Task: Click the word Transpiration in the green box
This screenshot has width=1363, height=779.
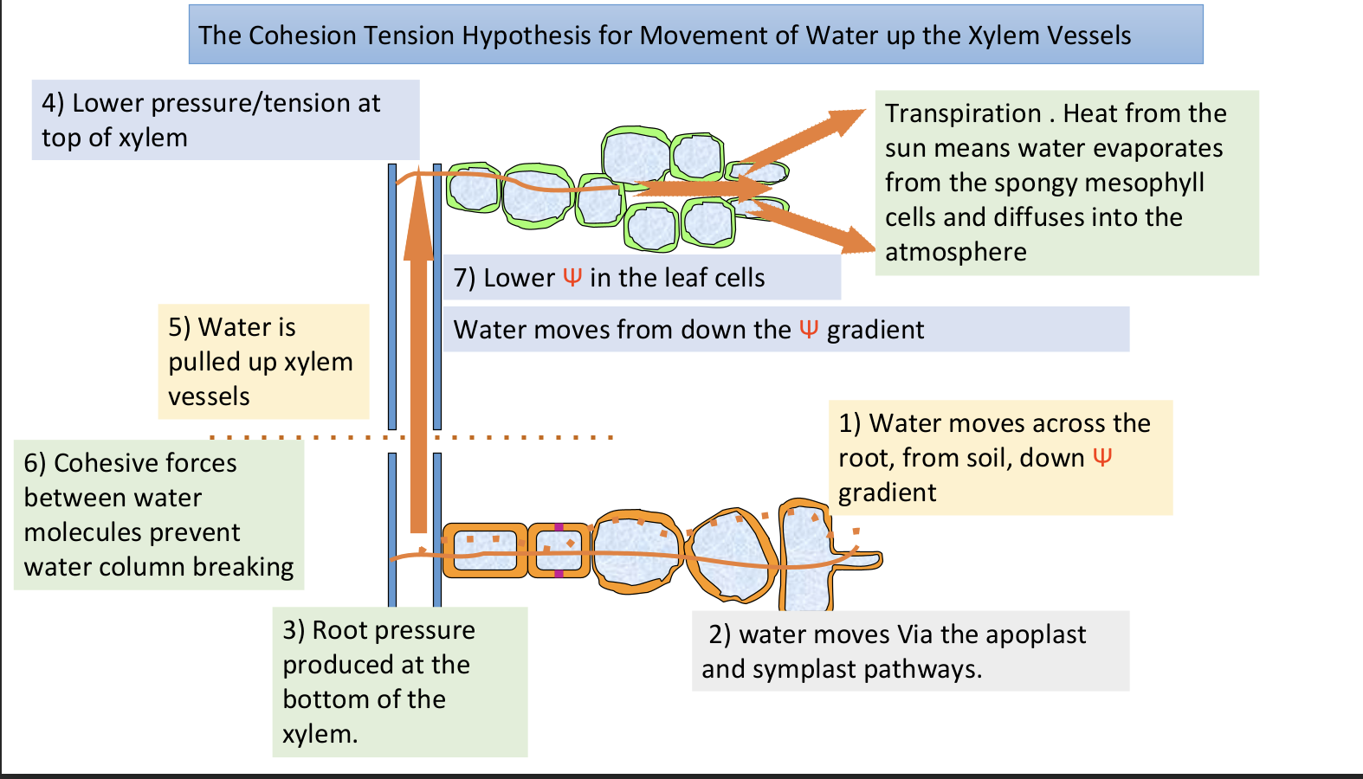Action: coord(963,113)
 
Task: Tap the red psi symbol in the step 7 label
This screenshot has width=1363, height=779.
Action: coord(572,277)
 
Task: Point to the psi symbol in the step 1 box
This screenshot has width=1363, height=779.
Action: coord(1101,457)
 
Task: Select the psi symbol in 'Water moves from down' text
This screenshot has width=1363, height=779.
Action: coord(809,329)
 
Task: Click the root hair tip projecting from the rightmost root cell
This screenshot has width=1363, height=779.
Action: coord(870,560)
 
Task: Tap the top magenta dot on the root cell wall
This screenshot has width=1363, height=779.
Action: coord(559,527)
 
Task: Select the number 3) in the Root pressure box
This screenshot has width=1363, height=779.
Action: coord(293,630)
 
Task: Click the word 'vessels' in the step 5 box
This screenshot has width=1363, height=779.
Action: coord(209,396)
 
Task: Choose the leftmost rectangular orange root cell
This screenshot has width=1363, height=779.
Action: coord(484,550)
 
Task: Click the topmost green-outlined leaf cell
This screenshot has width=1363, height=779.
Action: coord(636,158)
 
